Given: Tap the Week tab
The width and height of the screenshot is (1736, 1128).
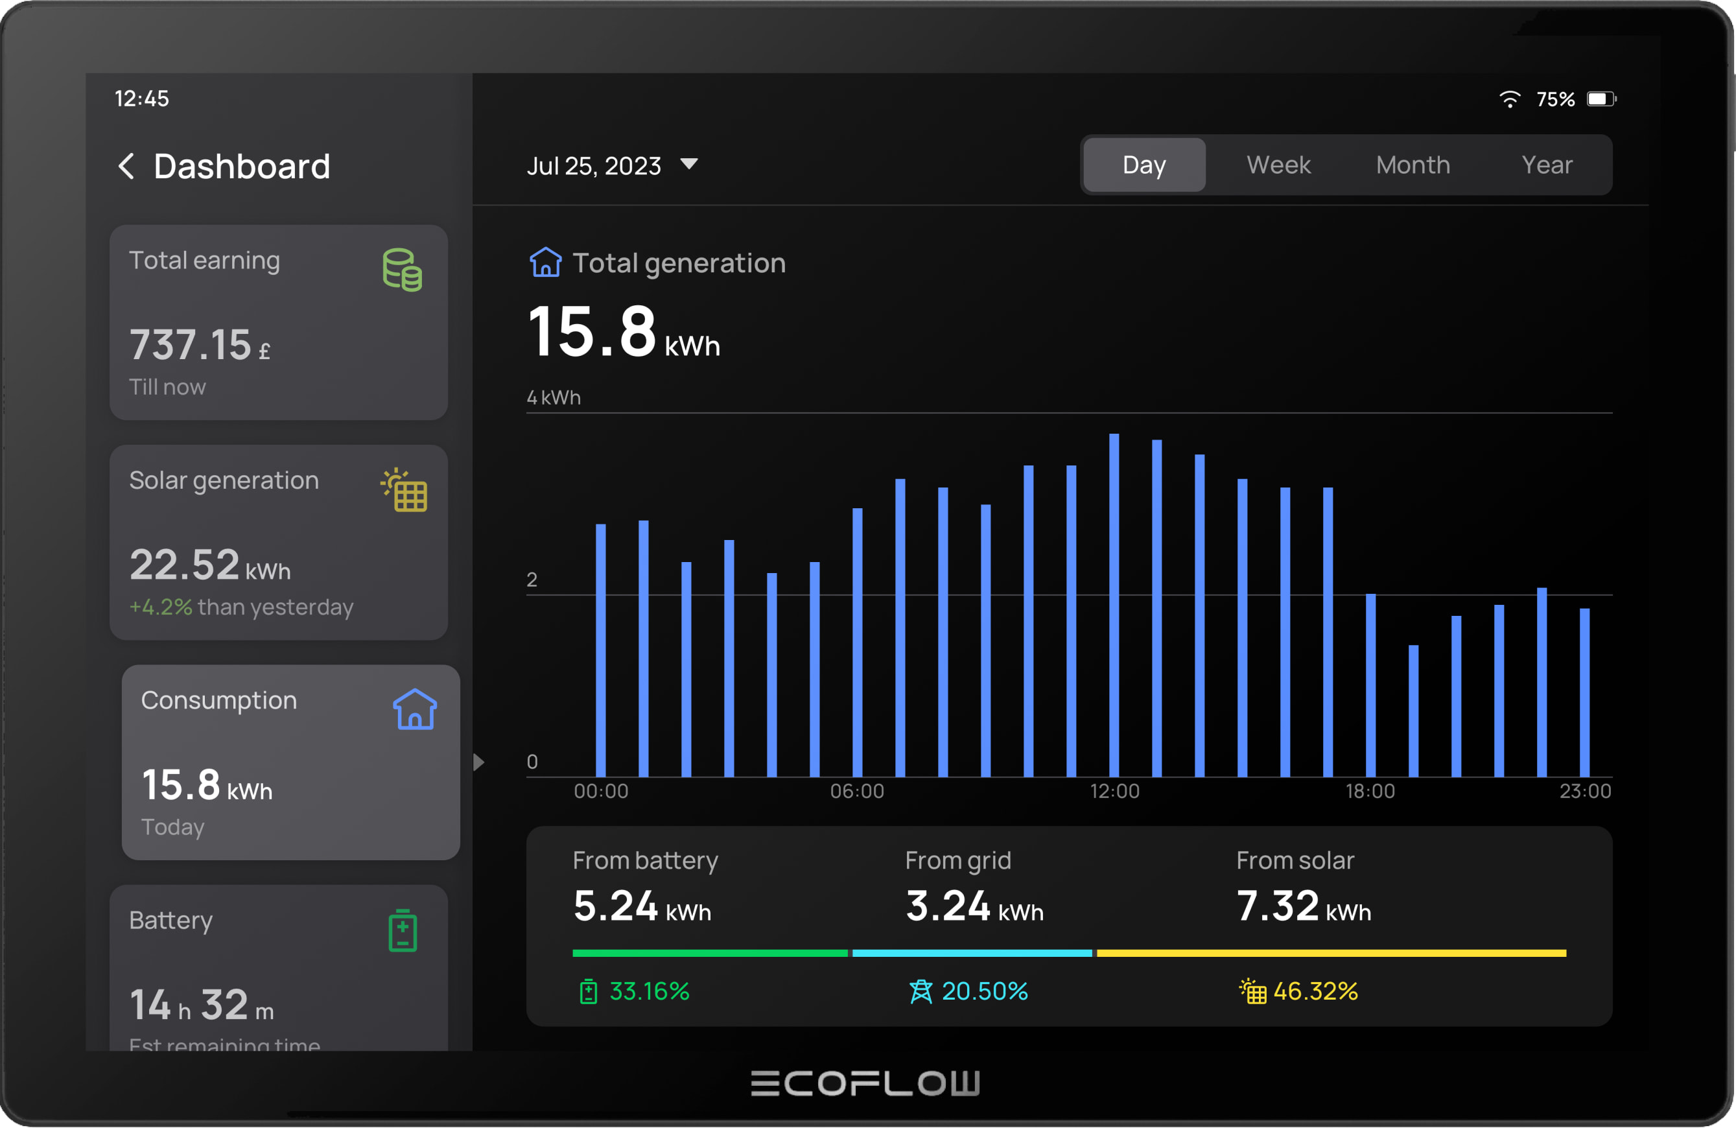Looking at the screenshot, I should (x=1278, y=165).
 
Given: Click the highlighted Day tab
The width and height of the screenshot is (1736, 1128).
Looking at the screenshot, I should (x=1144, y=165).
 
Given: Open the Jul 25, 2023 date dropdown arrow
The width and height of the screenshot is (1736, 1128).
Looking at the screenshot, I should (x=688, y=163).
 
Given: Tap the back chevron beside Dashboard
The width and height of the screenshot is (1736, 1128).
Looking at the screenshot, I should (x=126, y=167).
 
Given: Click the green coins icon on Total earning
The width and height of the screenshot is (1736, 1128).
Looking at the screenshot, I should (x=402, y=270).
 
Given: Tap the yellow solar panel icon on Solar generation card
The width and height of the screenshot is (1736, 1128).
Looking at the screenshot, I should (x=404, y=490).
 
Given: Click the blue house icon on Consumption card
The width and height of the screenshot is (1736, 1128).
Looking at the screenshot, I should (x=414, y=709).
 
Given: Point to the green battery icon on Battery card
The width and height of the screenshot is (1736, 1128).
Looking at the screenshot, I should (x=402, y=930).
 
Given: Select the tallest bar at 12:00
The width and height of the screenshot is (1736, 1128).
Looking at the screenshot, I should (x=1114, y=605).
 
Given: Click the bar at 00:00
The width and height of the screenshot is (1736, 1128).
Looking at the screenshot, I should (x=600, y=650).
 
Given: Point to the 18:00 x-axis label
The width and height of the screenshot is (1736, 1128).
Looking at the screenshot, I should (x=1370, y=791).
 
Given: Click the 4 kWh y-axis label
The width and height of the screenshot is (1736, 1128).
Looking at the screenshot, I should (x=554, y=397).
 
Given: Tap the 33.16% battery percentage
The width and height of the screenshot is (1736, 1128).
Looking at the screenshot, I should (x=648, y=991).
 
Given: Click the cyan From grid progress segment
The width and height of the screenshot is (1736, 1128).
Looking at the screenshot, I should (x=972, y=953).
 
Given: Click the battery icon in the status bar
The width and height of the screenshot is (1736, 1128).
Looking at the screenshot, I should (x=1601, y=99).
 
